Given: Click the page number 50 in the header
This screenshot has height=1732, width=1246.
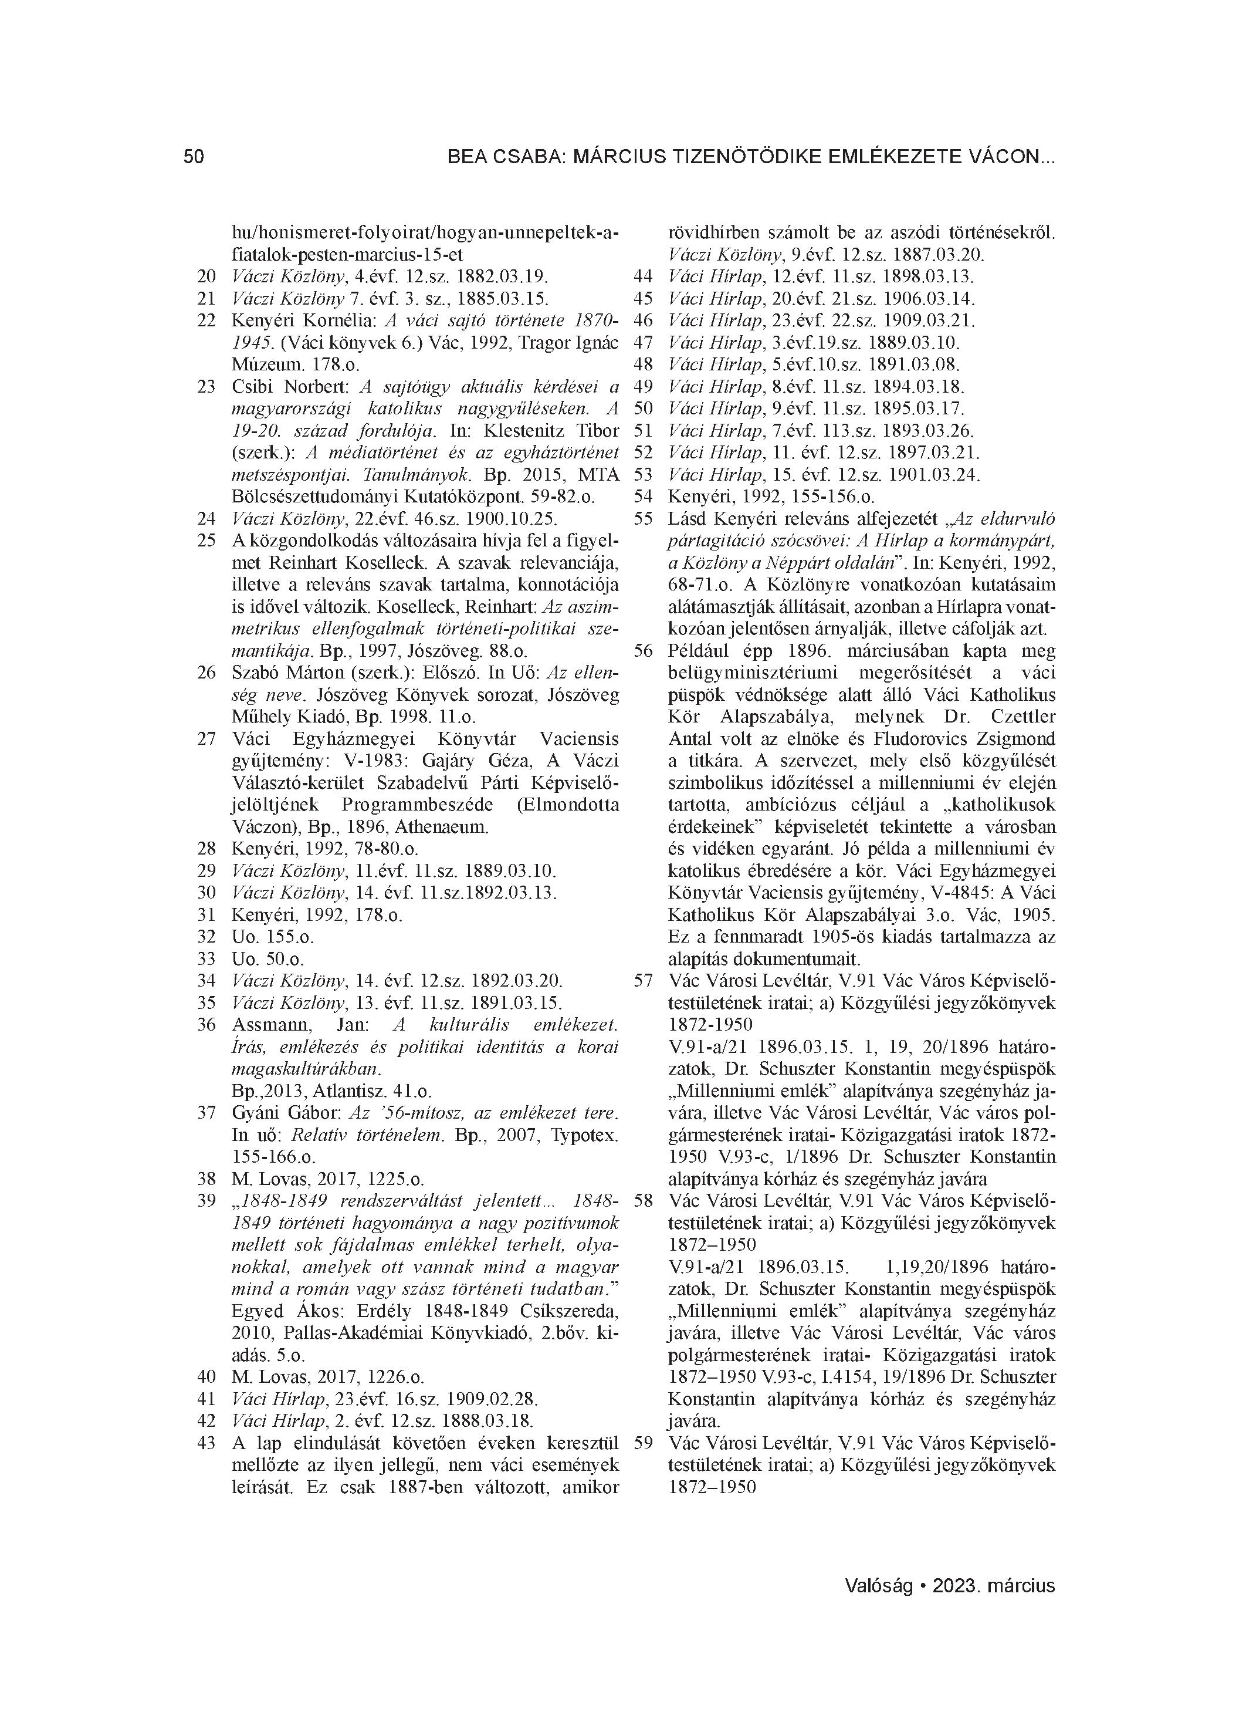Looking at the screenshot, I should (194, 157).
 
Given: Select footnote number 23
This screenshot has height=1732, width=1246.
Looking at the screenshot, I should (206, 386).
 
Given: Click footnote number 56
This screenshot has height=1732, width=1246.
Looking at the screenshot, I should (644, 651).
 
